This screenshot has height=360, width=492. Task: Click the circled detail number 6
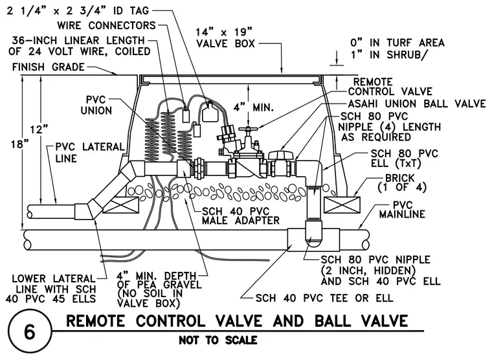(30, 332)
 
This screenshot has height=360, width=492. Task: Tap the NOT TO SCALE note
(218, 340)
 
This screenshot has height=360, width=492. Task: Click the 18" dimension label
(19, 144)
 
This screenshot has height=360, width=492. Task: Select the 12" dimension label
(39, 129)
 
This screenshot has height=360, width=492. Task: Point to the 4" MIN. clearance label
(254, 107)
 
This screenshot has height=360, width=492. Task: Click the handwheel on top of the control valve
(248, 129)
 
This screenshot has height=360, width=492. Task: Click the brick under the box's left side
(121, 205)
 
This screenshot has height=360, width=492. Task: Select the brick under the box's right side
(342, 205)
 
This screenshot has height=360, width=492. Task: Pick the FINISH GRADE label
(49, 67)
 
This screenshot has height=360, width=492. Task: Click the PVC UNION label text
(96, 105)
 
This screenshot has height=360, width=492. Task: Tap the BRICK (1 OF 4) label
(402, 183)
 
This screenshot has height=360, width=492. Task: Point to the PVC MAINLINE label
(402, 210)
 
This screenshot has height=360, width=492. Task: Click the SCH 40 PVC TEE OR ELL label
(324, 298)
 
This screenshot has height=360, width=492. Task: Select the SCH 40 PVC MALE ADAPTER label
(240, 216)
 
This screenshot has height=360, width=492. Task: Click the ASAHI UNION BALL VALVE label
(417, 104)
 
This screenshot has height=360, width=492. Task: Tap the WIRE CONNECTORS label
(106, 25)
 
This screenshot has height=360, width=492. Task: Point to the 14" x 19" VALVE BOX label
(225, 38)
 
